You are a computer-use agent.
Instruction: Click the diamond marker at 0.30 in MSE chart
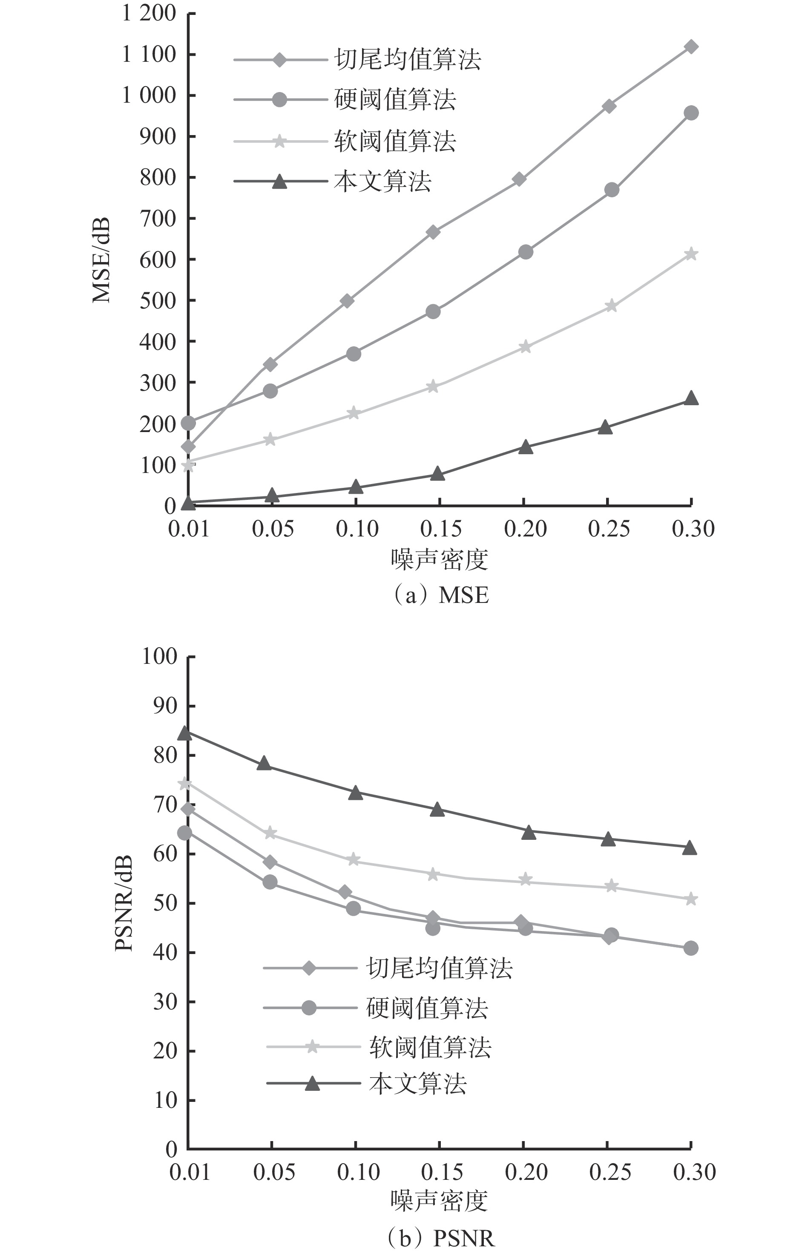pos(690,47)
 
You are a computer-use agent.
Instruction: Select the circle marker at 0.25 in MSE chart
pos(612,190)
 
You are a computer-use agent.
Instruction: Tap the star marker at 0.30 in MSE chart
pos(690,254)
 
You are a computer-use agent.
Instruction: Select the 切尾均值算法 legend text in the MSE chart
pos(408,59)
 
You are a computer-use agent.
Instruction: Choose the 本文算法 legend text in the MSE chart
pos(382,182)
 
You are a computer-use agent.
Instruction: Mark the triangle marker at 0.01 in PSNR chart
pos(184,734)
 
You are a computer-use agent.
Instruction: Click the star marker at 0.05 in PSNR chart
pos(270,833)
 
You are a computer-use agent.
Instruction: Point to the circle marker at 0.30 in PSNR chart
pos(690,948)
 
